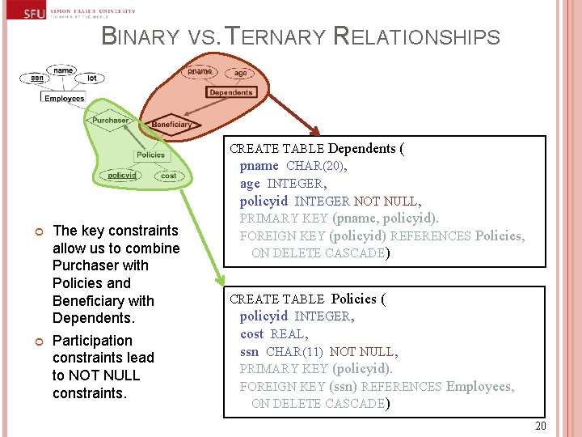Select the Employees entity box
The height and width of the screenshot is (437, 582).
(x=64, y=98)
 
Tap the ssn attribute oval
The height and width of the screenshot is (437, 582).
(x=37, y=78)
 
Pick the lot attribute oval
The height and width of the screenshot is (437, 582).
(x=91, y=78)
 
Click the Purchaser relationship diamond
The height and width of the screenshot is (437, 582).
(x=109, y=121)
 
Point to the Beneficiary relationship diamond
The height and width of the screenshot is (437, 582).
(x=171, y=125)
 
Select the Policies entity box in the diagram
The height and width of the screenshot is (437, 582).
(x=150, y=155)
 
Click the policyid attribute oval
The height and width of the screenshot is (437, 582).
(x=122, y=176)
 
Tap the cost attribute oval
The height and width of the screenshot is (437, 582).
(x=168, y=176)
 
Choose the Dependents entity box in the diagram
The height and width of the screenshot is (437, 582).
(x=230, y=92)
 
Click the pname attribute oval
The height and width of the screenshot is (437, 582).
(x=200, y=72)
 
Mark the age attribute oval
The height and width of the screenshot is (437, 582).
(x=241, y=73)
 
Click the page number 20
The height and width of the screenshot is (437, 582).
(x=540, y=426)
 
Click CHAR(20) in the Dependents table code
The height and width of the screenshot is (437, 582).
(x=316, y=166)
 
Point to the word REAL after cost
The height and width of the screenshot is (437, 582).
(x=287, y=333)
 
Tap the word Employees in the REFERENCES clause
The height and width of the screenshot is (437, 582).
(x=479, y=386)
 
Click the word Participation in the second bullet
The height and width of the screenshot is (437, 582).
(x=92, y=341)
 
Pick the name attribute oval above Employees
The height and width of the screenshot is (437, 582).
(x=63, y=70)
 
